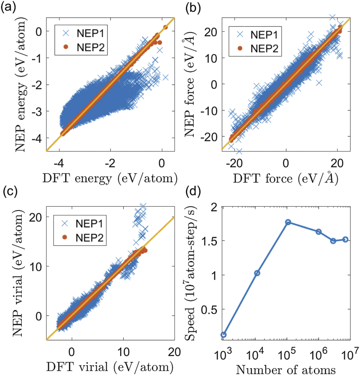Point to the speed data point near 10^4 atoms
click(x=257, y=273)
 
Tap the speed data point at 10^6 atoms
click(x=319, y=231)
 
